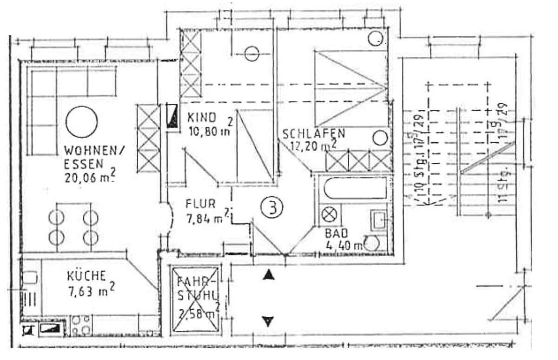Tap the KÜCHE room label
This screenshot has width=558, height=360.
[x=86, y=275]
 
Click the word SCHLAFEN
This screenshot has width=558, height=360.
[x=314, y=134]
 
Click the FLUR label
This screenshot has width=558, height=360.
[x=200, y=204]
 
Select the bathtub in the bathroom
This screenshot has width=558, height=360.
[x=355, y=189]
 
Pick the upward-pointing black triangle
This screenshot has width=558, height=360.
[x=268, y=276]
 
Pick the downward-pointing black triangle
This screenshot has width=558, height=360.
[x=268, y=320]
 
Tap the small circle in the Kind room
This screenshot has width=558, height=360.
[x=252, y=54]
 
